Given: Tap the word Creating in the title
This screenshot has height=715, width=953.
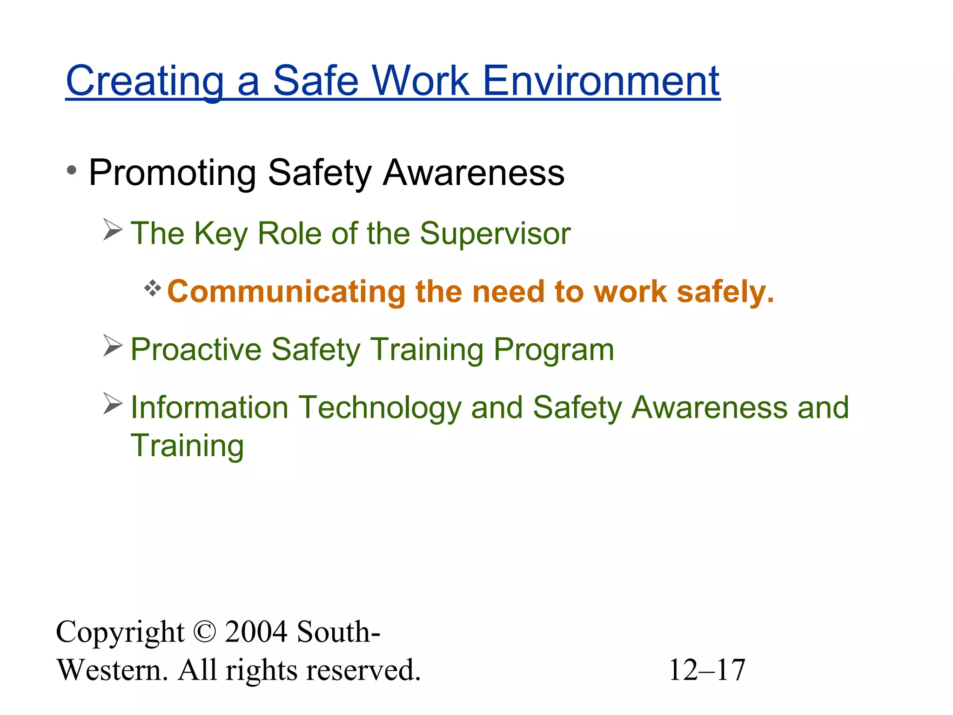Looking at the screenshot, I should coord(145,81).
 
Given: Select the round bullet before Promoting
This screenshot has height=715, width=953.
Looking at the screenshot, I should coord(71,170).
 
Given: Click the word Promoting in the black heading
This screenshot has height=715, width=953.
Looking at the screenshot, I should coord(173,173).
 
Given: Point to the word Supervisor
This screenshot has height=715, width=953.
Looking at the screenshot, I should coord(495,233).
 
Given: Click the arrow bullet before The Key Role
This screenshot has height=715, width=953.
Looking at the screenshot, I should coord(113,230).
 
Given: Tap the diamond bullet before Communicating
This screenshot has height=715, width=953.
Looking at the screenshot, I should coord(152,289).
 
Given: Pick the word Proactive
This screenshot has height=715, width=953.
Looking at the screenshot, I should coord(196,350).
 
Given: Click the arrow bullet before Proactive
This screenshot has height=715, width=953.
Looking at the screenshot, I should coord(113,346).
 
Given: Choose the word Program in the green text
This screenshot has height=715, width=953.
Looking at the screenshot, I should coord(554,350).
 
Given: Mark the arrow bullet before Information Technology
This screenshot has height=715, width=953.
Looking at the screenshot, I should coord(113,404).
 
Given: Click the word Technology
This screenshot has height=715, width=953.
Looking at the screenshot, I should coord(379,408).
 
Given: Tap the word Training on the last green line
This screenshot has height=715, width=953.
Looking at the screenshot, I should coord(187,446).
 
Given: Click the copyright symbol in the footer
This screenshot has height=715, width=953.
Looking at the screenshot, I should coord(204,632).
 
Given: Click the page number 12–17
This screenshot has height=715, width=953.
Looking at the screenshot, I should coord(707,670).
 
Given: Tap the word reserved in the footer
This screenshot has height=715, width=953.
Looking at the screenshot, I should coord(362,670).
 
